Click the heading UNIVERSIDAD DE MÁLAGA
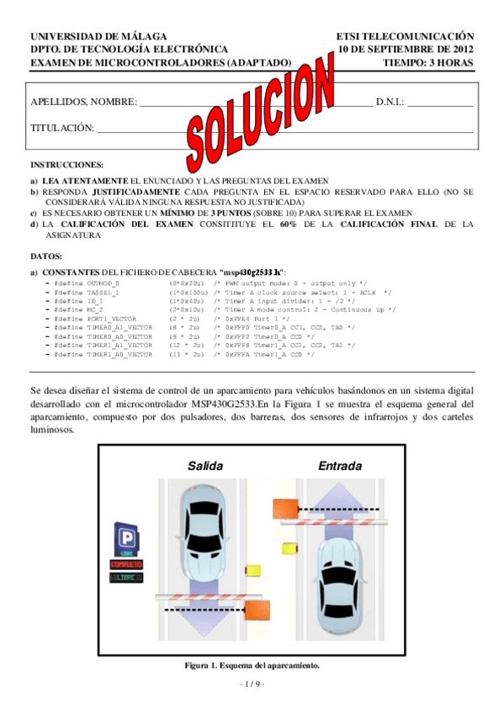pos(98,38)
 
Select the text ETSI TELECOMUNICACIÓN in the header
pos(405,38)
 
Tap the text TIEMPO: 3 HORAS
pos(427,62)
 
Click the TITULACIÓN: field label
pos(62,128)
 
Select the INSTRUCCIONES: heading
pos(67,165)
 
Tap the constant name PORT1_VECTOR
pos(110,320)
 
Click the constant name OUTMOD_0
pos(103,284)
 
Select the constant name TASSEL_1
pos(103,293)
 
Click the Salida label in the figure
pos(205,465)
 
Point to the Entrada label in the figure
pos(340,465)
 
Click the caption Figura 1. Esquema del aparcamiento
pos(252,665)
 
